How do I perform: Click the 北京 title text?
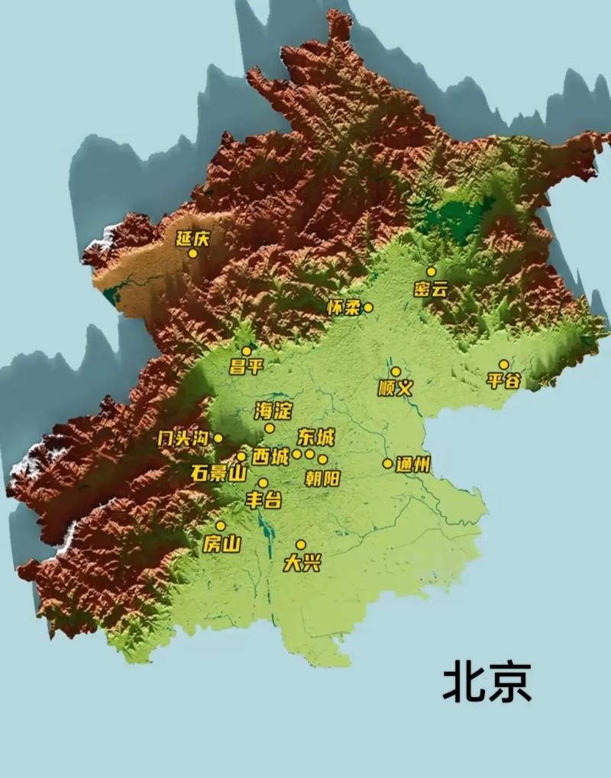(487, 681)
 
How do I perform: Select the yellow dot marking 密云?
(432, 272)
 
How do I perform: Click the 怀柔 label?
(342, 308)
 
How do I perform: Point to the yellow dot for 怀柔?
(368, 307)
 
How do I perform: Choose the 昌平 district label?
(246, 367)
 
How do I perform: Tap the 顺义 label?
(396, 388)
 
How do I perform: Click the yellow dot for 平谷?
(504, 365)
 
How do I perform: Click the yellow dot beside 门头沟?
(218, 438)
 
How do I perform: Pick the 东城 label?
(316, 437)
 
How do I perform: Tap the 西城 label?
(270, 458)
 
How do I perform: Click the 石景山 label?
(218, 474)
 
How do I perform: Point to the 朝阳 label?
(322, 478)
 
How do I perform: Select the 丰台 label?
(263, 500)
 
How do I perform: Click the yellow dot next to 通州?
(388, 463)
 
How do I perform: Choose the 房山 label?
(221, 544)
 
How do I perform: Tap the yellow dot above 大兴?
(301, 545)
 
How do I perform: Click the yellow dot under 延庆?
(192, 253)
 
